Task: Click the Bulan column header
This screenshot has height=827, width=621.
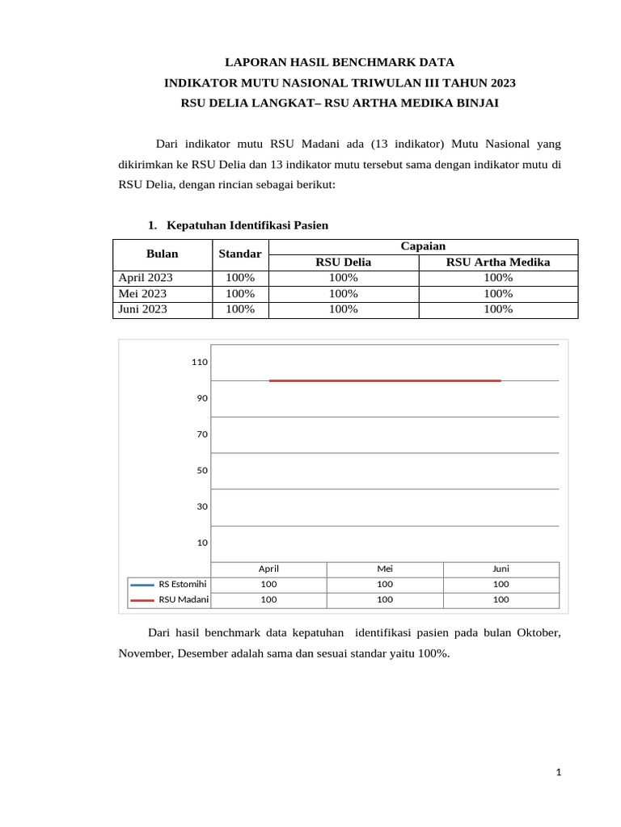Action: coord(162,254)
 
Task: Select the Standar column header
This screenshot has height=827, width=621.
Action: coord(239,254)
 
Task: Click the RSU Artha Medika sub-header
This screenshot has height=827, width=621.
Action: coord(498,262)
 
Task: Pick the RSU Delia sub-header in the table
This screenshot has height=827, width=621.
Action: coord(344,262)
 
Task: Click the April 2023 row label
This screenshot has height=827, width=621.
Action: coord(146,278)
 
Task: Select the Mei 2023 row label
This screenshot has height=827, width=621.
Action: coord(142,293)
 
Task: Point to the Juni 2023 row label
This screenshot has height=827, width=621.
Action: coord(143,309)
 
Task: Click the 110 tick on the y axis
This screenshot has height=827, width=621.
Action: coord(199,362)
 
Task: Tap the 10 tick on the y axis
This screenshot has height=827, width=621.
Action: coord(201,543)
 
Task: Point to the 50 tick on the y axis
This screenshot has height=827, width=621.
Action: coord(201,470)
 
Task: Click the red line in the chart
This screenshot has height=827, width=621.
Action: coord(385,380)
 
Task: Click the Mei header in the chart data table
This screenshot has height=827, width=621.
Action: coord(385,569)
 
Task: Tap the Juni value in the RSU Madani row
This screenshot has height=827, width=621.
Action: coord(501,599)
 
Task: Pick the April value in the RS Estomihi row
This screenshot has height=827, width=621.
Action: coord(268,584)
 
